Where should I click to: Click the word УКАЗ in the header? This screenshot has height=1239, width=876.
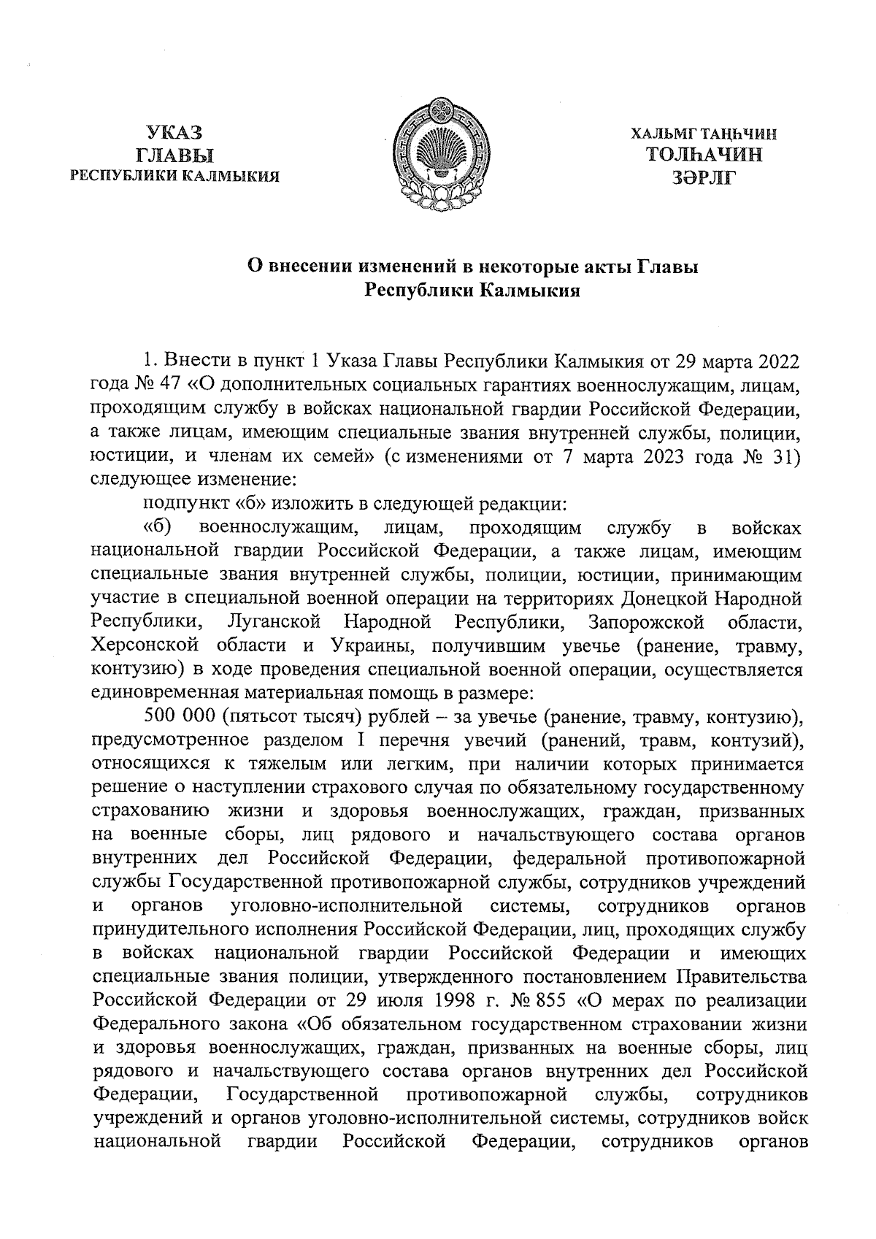[x=174, y=133]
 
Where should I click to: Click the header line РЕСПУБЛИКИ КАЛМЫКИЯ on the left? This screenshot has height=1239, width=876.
[x=174, y=176]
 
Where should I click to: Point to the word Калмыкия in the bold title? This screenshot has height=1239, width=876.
[x=530, y=291]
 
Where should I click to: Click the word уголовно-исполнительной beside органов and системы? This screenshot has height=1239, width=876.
[x=347, y=906]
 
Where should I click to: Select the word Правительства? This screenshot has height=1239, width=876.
[x=742, y=975]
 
